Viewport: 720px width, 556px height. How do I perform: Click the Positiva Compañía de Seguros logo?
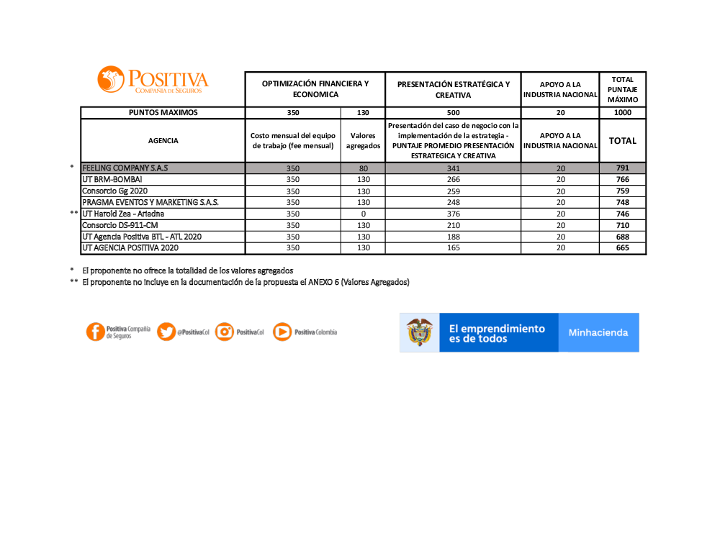[x=153, y=80]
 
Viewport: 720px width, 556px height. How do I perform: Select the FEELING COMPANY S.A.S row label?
[x=125, y=168]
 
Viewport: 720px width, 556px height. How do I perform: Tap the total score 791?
[x=622, y=168]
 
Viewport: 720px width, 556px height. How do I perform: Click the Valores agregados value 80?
[x=363, y=168]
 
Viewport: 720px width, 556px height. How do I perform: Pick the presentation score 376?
[x=453, y=214]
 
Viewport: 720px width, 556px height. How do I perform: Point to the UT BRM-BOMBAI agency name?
[x=112, y=179]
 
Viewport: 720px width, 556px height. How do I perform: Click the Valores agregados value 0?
[x=363, y=214]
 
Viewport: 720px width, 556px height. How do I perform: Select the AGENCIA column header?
[x=163, y=141]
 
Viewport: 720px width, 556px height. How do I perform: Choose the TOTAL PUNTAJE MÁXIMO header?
[x=622, y=89]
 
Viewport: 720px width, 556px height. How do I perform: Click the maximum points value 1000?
[x=622, y=113]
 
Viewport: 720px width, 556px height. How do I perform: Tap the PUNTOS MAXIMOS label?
[x=163, y=113]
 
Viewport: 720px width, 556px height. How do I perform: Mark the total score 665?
[x=622, y=248]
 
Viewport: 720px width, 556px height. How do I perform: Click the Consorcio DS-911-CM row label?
[x=120, y=225]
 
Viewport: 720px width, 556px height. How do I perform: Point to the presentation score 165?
[x=453, y=248]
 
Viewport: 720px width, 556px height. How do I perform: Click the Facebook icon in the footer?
[x=95, y=332]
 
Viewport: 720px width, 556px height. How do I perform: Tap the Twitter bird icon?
[x=166, y=332]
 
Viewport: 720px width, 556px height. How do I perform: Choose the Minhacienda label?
[x=598, y=332]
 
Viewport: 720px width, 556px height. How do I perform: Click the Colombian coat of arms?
[x=420, y=332]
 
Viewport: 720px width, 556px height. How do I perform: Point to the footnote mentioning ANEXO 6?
[x=246, y=282]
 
